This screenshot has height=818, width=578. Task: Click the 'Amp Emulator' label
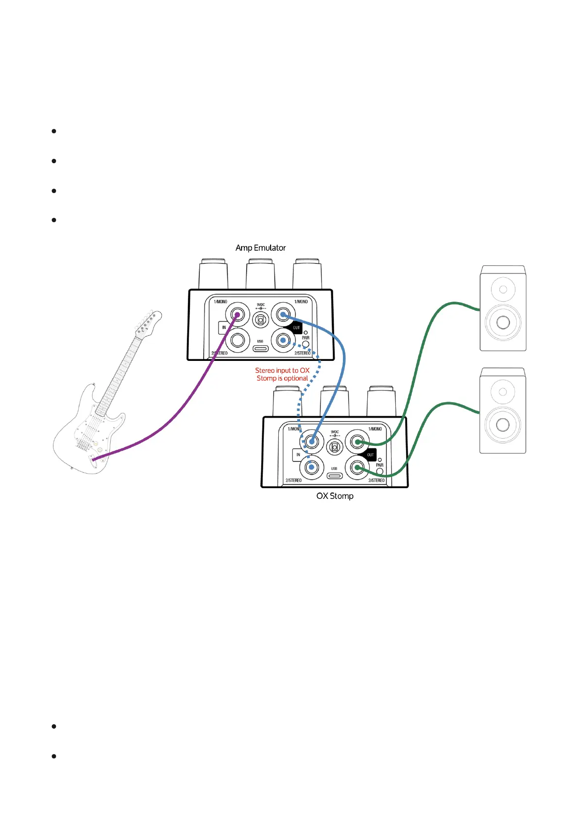260,248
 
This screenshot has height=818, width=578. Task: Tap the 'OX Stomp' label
335,496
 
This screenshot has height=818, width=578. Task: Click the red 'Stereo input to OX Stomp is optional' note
282,374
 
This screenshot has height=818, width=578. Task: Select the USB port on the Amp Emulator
260,348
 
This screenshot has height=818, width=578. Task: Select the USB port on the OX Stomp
334,476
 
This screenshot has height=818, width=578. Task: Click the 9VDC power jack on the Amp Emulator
261,320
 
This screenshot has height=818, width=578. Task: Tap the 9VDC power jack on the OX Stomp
335,447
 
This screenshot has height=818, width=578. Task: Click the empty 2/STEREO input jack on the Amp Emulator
238,340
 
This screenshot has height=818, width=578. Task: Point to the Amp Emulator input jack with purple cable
238,314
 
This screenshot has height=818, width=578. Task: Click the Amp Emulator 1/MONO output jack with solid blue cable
283,314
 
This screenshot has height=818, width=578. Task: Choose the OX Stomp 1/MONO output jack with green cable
357,442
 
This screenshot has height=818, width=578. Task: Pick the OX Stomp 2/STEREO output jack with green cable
357,467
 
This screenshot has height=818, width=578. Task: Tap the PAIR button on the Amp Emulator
306,344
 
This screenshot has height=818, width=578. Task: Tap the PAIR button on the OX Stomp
380,471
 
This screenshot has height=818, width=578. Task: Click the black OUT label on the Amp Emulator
296,327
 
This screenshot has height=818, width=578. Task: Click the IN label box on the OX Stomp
298,455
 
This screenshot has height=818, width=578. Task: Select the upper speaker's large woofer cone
503,322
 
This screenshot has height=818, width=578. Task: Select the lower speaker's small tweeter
503,392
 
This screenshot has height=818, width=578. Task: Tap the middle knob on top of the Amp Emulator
260,274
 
